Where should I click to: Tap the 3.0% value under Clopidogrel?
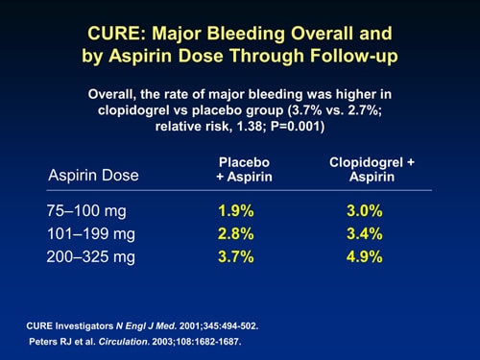click(x=364, y=211)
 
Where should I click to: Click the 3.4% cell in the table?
click(x=364, y=233)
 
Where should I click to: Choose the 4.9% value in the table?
click(x=364, y=256)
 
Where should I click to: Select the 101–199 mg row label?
click(x=91, y=233)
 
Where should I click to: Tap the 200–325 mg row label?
click(x=91, y=256)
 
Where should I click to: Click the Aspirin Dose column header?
click(x=93, y=176)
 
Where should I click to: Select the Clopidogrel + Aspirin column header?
click(x=372, y=170)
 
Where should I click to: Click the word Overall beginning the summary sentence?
click(x=111, y=95)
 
